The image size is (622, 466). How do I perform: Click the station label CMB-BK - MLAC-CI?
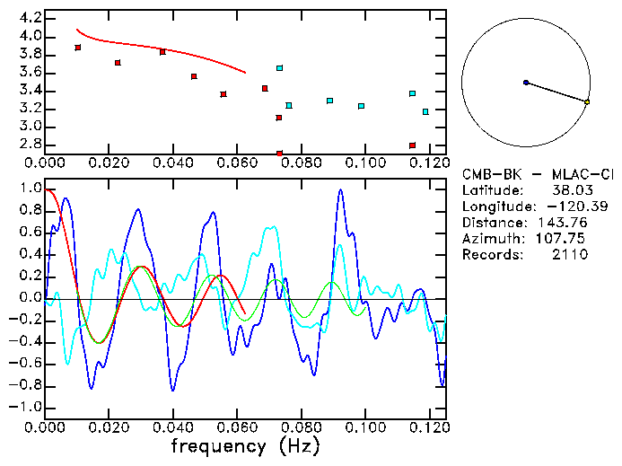pos(538,173)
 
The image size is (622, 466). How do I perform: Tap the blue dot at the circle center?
pos(526,83)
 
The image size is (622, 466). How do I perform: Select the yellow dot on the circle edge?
pos(587,102)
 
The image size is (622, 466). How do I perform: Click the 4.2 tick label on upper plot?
pos(31,18)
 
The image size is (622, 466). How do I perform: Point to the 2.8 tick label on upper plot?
pos(31,145)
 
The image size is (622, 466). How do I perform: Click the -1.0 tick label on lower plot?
pos(27,407)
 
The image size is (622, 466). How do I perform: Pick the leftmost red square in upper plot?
pos(78,48)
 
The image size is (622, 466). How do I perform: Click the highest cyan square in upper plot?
pos(280,68)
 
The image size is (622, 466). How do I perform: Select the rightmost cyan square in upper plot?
pos(425,112)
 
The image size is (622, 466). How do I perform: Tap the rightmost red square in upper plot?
pos(412,145)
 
